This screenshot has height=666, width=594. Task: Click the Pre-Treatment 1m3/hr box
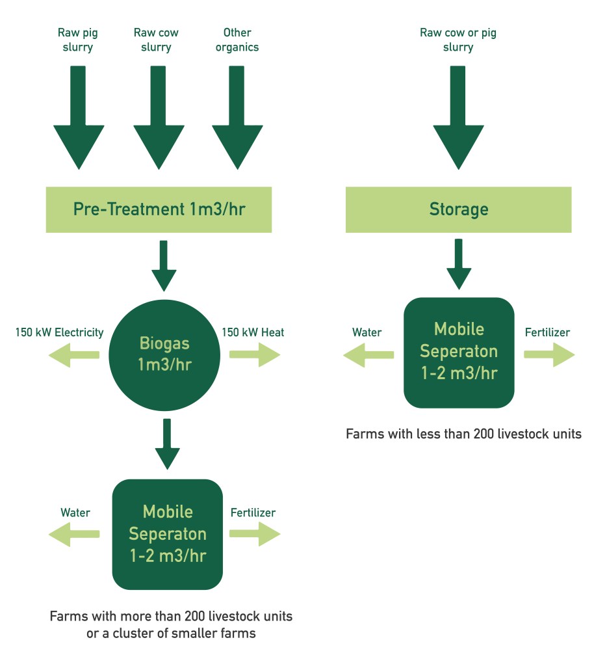point(159,209)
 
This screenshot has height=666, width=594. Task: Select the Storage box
point(458,209)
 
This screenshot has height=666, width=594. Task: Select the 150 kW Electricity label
point(59,332)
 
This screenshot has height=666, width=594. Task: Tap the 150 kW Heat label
point(253,332)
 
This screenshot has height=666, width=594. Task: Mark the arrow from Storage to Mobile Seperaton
point(459,264)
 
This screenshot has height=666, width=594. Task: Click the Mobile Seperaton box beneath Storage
point(458,352)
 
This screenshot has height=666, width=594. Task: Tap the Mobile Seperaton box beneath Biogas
point(167,534)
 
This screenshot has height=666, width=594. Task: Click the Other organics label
point(237,40)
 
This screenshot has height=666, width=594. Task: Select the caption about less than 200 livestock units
point(463,434)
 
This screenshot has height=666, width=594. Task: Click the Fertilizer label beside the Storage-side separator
point(547,332)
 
